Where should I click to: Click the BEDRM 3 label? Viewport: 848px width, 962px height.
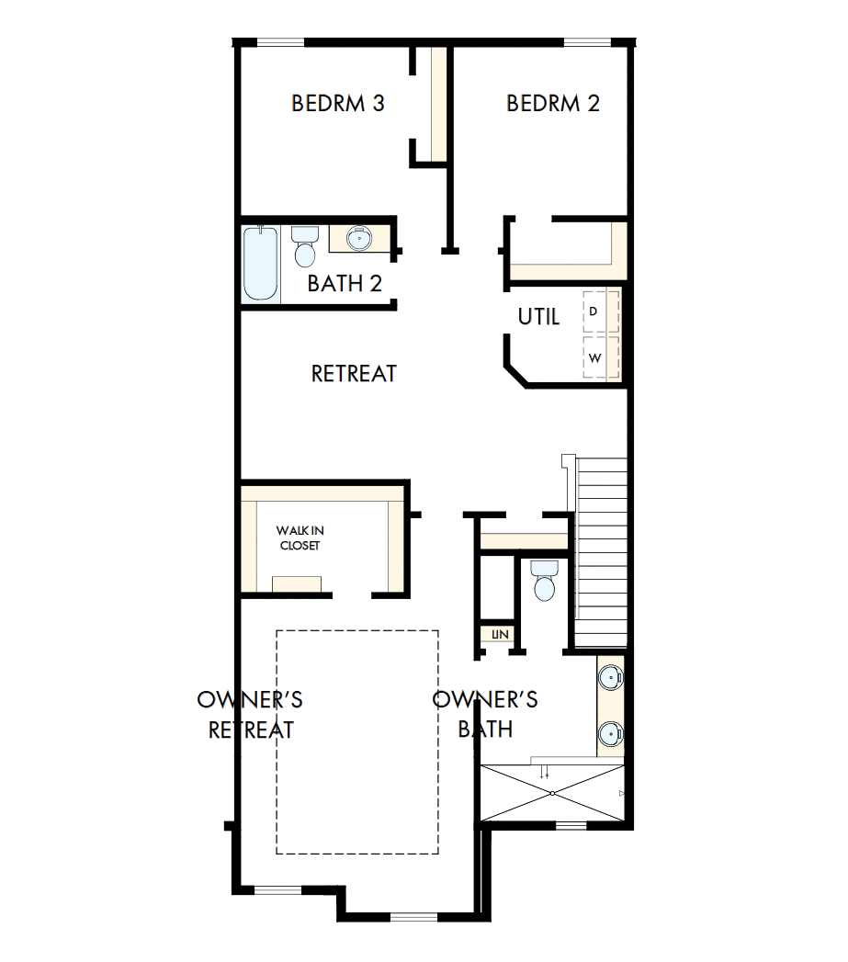click(x=337, y=103)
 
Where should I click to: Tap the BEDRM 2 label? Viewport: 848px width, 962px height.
click(x=552, y=103)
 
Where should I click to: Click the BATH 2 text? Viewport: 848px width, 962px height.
click(x=345, y=283)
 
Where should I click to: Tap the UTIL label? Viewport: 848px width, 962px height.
click(x=538, y=317)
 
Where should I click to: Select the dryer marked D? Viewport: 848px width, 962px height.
click(x=600, y=311)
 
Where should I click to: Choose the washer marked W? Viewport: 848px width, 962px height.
click(x=600, y=357)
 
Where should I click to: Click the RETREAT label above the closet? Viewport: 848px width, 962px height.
click(x=354, y=374)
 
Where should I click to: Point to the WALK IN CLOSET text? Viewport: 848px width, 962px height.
click(x=300, y=538)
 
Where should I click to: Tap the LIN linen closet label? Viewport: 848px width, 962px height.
click(x=499, y=634)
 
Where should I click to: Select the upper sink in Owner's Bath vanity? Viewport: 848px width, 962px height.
click(x=610, y=678)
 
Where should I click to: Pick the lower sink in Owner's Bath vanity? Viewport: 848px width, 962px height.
click(x=610, y=733)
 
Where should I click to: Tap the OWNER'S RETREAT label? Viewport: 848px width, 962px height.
click(x=250, y=715)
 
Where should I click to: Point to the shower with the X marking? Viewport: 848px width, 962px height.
click(x=551, y=791)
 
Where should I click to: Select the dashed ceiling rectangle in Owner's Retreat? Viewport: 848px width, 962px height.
click(x=357, y=741)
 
